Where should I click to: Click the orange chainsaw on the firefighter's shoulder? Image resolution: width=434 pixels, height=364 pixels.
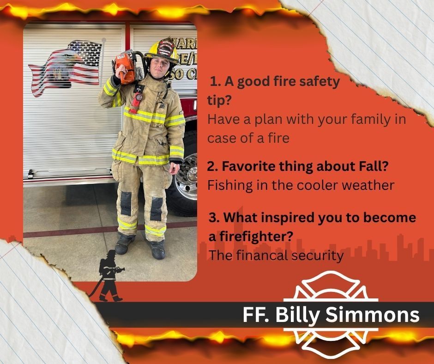click(126, 67)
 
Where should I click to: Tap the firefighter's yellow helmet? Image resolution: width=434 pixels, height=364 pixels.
click(162, 52)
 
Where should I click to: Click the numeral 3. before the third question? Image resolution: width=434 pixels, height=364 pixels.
click(214, 217)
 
